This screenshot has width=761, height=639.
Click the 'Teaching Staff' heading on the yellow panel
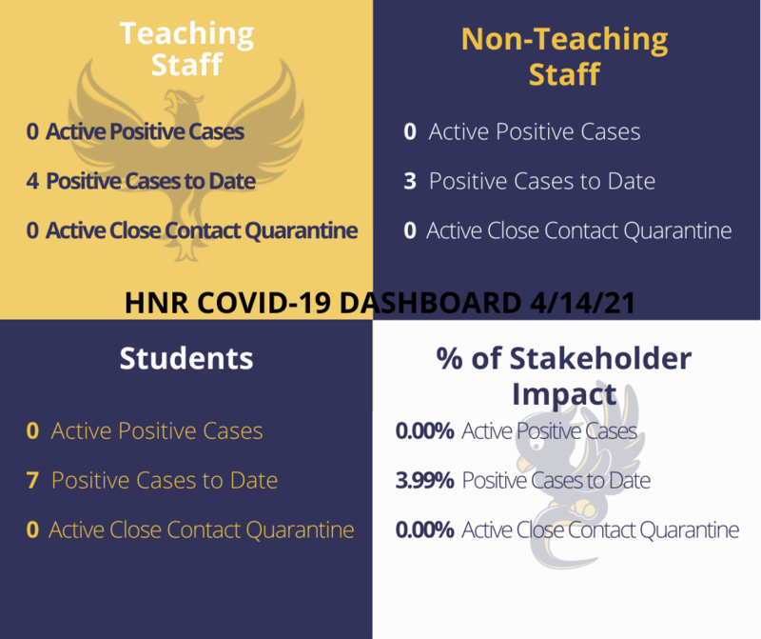point(186,49)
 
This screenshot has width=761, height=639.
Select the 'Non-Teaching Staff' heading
point(564,56)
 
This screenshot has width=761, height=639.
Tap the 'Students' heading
point(186,359)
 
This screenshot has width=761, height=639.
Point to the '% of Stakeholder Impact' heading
point(564,375)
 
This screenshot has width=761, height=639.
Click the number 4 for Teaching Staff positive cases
point(32,181)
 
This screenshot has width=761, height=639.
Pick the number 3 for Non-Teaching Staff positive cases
point(410,181)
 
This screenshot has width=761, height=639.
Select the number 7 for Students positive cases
point(32,481)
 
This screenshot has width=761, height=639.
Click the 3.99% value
point(424,481)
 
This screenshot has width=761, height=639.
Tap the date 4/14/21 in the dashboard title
point(582,303)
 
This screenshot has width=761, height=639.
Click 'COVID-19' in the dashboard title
point(264,303)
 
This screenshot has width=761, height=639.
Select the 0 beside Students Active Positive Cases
point(32,431)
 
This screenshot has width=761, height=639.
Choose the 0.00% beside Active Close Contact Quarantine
point(424,529)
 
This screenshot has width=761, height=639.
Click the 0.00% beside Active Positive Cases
point(424,431)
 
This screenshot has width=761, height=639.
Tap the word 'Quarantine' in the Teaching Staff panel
point(302,230)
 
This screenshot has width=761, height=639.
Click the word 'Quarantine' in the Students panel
point(300,530)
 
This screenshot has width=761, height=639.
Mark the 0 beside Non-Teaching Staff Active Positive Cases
point(410,131)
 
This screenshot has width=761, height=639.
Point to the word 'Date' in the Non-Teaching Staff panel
point(632,181)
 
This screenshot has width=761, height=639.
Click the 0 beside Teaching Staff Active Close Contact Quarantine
point(32,230)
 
